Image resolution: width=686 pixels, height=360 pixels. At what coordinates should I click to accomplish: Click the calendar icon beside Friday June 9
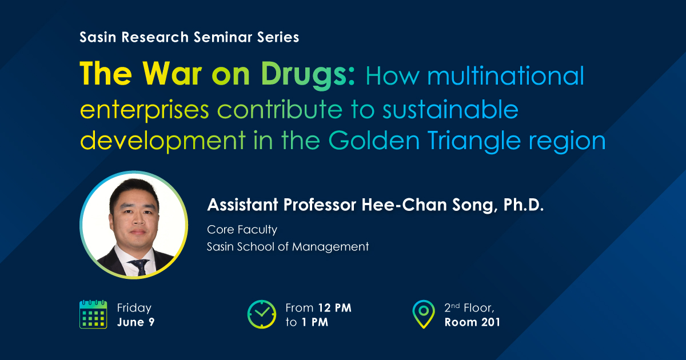point(93,314)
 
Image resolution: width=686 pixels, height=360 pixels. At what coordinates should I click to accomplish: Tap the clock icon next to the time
point(262,314)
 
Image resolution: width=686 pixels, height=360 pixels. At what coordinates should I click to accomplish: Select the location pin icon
point(424,314)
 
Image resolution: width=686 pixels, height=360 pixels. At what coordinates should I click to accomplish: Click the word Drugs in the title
point(308,74)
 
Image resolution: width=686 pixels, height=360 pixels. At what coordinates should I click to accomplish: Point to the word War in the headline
point(172,74)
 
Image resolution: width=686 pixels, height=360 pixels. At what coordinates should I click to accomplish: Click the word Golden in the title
point(374,141)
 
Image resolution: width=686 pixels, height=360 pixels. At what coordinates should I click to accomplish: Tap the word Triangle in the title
point(474,141)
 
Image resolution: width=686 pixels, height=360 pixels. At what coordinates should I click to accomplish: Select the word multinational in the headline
point(505,75)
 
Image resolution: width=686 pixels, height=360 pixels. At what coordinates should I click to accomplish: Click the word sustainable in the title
point(450,109)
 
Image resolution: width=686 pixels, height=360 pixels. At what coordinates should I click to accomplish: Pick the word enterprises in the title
point(145,110)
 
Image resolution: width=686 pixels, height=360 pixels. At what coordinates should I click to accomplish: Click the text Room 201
point(472,322)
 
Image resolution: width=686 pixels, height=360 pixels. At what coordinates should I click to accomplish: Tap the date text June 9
point(135,322)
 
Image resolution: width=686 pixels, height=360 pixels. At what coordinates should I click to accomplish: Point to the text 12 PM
point(335,307)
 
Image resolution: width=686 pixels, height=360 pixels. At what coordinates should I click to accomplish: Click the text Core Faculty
point(242,230)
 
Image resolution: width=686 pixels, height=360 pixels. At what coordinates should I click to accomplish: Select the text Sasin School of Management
point(288,246)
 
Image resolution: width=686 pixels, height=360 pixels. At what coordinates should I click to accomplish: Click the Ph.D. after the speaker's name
point(524,205)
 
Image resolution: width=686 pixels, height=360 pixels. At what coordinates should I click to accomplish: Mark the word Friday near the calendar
point(134,308)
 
